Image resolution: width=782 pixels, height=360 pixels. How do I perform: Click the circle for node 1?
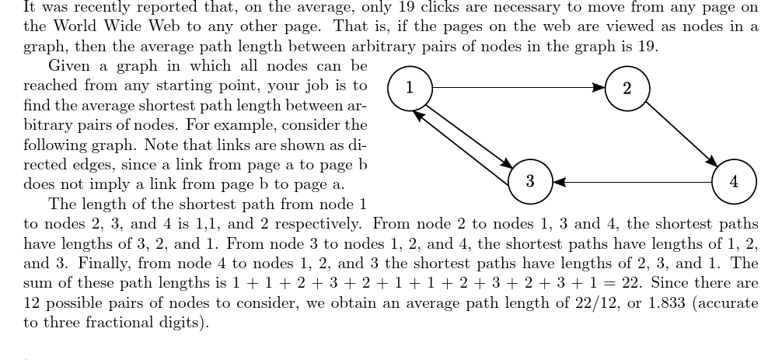point(410,87)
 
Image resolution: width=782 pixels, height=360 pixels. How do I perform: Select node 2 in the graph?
point(627,88)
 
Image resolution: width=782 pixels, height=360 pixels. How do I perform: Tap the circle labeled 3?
point(529,182)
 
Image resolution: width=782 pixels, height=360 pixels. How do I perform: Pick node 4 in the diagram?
point(735,182)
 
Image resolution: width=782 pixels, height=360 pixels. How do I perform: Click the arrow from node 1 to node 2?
point(517,88)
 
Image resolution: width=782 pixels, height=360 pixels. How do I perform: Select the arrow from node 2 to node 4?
point(680,134)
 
